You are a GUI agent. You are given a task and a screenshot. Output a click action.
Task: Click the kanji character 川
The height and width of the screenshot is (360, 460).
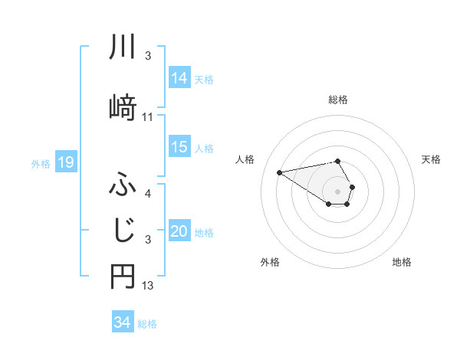[x=122, y=47]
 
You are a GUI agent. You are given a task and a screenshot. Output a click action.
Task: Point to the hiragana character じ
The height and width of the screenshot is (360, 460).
[x=122, y=229]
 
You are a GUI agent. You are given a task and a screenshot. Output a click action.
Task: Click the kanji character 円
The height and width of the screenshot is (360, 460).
[x=122, y=278]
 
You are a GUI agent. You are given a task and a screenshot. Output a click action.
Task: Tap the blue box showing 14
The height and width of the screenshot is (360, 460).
[x=179, y=77]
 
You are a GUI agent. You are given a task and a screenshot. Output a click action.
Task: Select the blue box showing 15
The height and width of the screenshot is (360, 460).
[x=179, y=148]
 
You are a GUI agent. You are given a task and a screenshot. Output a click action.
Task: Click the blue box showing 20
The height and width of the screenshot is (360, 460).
[x=179, y=231]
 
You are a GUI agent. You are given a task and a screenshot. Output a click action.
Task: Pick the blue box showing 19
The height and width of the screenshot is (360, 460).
[x=65, y=162]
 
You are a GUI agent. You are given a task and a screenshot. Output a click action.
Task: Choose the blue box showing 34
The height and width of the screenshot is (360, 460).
[x=123, y=322]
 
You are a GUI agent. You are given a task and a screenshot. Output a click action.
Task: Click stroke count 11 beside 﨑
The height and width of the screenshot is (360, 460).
[x=148, y=117]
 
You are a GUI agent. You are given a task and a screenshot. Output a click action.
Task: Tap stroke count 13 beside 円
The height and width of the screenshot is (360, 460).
[x=148, y=286]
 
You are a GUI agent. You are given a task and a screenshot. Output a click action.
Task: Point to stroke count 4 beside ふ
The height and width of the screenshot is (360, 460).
[x=148, y=193]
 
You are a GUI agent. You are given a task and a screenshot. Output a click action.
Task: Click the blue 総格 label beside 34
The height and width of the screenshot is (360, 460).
[x=148, y=324]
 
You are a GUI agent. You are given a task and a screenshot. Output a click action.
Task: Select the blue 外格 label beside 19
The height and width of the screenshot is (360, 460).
[x=40, y=163]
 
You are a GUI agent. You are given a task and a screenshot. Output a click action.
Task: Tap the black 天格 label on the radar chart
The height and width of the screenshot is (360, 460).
[x=431, y=159]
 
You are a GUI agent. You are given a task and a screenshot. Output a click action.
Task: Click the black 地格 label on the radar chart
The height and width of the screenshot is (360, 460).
[x=402, y=262]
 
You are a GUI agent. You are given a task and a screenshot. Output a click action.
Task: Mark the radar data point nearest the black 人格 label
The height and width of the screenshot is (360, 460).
[x=279, y=172]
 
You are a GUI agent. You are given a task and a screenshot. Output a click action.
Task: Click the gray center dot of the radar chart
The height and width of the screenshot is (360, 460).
[x=337, y=191]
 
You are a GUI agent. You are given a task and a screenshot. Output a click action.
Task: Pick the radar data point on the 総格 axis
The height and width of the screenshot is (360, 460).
[x=337, y=162]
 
